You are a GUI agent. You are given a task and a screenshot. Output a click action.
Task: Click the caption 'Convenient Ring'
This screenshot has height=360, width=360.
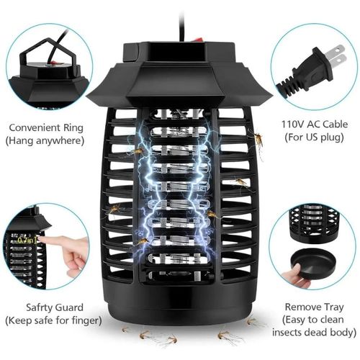click(46, 127)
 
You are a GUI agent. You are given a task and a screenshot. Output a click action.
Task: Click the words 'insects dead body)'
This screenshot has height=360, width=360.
click(315, 333)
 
